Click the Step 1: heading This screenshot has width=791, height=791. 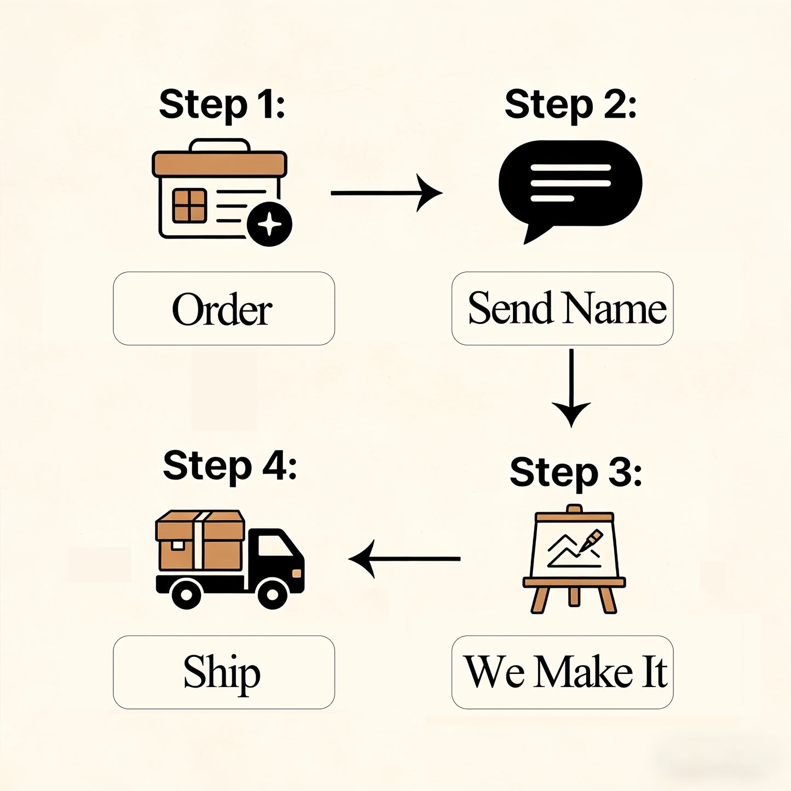[222, 106]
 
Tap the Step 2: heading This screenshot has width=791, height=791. [570, 106]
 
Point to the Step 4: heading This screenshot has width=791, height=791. [230, 467]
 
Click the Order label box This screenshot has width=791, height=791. [224, 308]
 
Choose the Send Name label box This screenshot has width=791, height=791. [562, 308]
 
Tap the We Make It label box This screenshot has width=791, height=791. [562, 672]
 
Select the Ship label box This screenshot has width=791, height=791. [224, 672]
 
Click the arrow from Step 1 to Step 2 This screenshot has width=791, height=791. [386, 193]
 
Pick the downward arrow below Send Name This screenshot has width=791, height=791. [571, 388]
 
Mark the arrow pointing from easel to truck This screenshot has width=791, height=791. [405, 559]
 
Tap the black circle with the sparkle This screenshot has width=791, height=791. [269, 224]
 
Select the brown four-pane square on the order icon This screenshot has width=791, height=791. [189, 206]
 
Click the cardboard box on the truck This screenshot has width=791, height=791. [200, 541]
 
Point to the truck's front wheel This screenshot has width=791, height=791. [272, 594]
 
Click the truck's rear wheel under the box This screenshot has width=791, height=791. [186, 594]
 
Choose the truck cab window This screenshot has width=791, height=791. [274, 546]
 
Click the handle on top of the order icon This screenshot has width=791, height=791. [220, 145]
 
